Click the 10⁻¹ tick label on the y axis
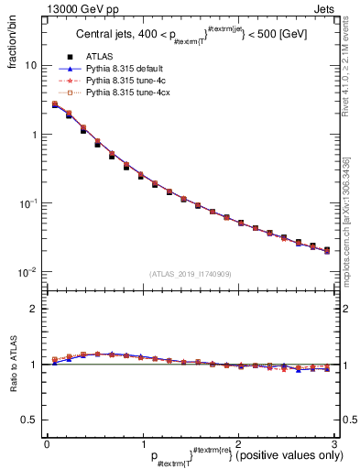(x=27, y=203)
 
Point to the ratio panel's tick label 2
(x=33, y=309)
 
